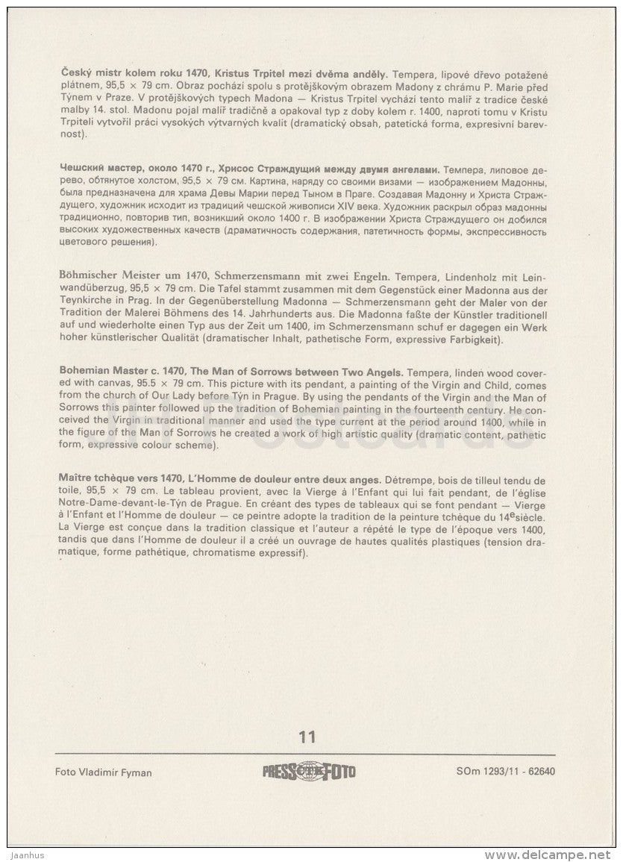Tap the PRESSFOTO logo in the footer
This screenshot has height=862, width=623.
[x=309, y=772]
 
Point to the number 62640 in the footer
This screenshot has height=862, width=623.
[x=548, y=772]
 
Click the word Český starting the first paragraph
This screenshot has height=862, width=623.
[x=75, y=75]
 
